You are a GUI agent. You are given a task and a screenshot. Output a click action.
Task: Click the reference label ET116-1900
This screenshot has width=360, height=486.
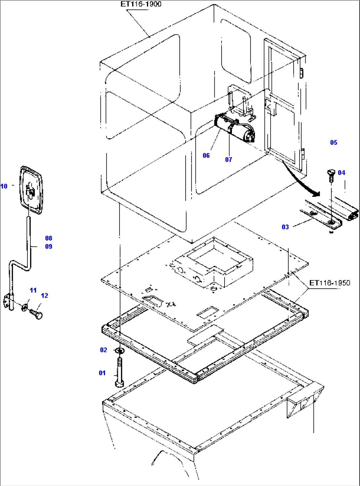[x=141, y=4]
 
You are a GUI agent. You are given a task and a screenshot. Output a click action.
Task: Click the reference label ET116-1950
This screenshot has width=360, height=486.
[x=329, y=283]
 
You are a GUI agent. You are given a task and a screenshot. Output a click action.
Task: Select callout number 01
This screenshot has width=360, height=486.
[x=102, y=373]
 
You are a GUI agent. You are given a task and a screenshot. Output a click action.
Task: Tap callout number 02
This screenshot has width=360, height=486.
[x=103, y=350]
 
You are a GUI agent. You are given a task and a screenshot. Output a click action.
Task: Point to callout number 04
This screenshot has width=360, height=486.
[x=341, y=173]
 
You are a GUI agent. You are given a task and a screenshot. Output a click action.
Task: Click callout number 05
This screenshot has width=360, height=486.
[x=334, y=142]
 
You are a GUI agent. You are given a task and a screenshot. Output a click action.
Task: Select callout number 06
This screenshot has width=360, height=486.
[x=206, y=155]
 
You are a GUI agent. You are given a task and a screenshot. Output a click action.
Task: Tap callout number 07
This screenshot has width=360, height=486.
[x=229, y=160]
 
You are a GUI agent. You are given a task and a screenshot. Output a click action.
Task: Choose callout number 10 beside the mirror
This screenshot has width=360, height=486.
[x=4, y=186]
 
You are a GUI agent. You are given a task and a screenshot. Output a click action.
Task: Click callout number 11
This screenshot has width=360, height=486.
[x=33, y=290]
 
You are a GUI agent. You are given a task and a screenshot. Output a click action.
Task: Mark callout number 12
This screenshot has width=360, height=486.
[x=44, y=296]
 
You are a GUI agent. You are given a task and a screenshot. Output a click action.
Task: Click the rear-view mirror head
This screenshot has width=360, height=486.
[x=31, y=190]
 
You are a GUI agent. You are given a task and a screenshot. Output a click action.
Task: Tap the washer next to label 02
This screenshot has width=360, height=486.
[x=120, y=350]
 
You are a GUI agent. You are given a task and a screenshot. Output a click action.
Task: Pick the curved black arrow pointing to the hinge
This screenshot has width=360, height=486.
[x=302, y=182]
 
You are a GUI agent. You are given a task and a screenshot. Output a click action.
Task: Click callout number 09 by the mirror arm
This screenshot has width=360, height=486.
[x=49, y=247]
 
